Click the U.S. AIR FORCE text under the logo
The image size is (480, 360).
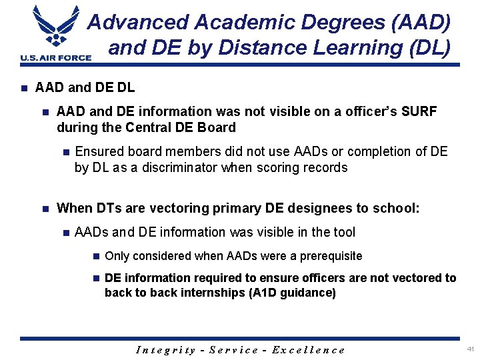point(56,58)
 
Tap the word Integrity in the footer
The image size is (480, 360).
point(165,349)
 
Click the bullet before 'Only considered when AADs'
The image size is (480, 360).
point(96,256)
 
